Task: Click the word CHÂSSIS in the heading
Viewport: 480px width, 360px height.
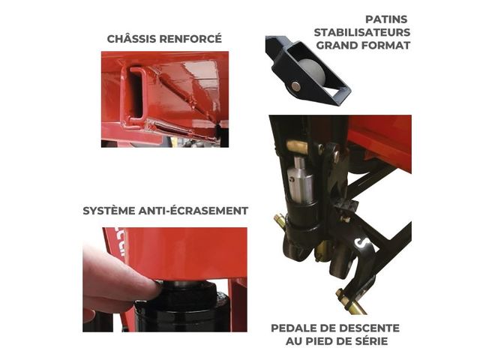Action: pyautogui.click(x=131, y=38)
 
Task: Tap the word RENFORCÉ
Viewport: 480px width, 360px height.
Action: pyautogui.click(x=190, y=38)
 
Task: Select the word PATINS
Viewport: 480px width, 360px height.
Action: pyautogui.click(x=386, y=19)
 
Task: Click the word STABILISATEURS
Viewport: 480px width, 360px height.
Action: pyautogui.click(x=362, y=32)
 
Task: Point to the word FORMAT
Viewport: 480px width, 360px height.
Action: pyautogui.click(x=385, y=45)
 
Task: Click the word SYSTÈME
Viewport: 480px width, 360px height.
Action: pyautogui.click(x=109, y=211)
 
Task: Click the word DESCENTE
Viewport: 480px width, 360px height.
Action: pyautogui.click(x=370, y=328)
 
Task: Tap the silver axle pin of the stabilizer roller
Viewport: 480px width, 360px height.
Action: pyautogui.click(x=295, y=86)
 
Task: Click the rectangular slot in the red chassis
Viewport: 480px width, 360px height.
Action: pyautogui.click(x=136, y=93)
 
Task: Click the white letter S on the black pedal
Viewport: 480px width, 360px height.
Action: pyautogui.click(x=361, y=243)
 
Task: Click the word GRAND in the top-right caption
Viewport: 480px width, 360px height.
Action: pyautogui.click(x=337, y=45)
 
